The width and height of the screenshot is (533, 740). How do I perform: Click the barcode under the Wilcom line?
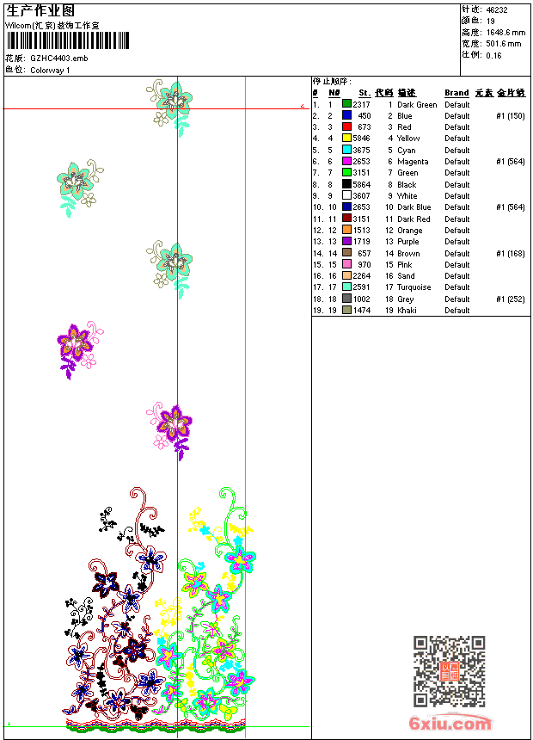[68, 40]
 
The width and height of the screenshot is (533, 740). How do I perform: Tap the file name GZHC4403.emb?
[58, 59]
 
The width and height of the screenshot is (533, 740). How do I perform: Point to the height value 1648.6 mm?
[504, 33]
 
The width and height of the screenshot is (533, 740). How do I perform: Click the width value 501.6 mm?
[504, 44]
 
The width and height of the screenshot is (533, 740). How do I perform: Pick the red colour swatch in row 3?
[346, 127]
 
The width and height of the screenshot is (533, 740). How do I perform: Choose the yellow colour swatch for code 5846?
[346, 139]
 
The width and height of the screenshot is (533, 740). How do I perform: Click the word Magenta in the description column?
[413, 162]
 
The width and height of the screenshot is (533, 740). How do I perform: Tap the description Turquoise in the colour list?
[415, 287]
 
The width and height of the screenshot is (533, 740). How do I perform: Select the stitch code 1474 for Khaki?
[361, 311]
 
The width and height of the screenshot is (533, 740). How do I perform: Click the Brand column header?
[456, 93]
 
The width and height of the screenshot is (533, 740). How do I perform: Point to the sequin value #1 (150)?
[511, 116]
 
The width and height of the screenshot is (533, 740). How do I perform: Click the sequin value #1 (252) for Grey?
[511, 299]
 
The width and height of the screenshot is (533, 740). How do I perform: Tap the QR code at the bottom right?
[449, 671]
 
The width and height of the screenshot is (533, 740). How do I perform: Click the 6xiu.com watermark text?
[450, 724]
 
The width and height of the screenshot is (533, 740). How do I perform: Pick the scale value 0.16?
[493, 55]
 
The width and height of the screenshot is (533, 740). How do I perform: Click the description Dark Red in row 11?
[414, 219]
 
